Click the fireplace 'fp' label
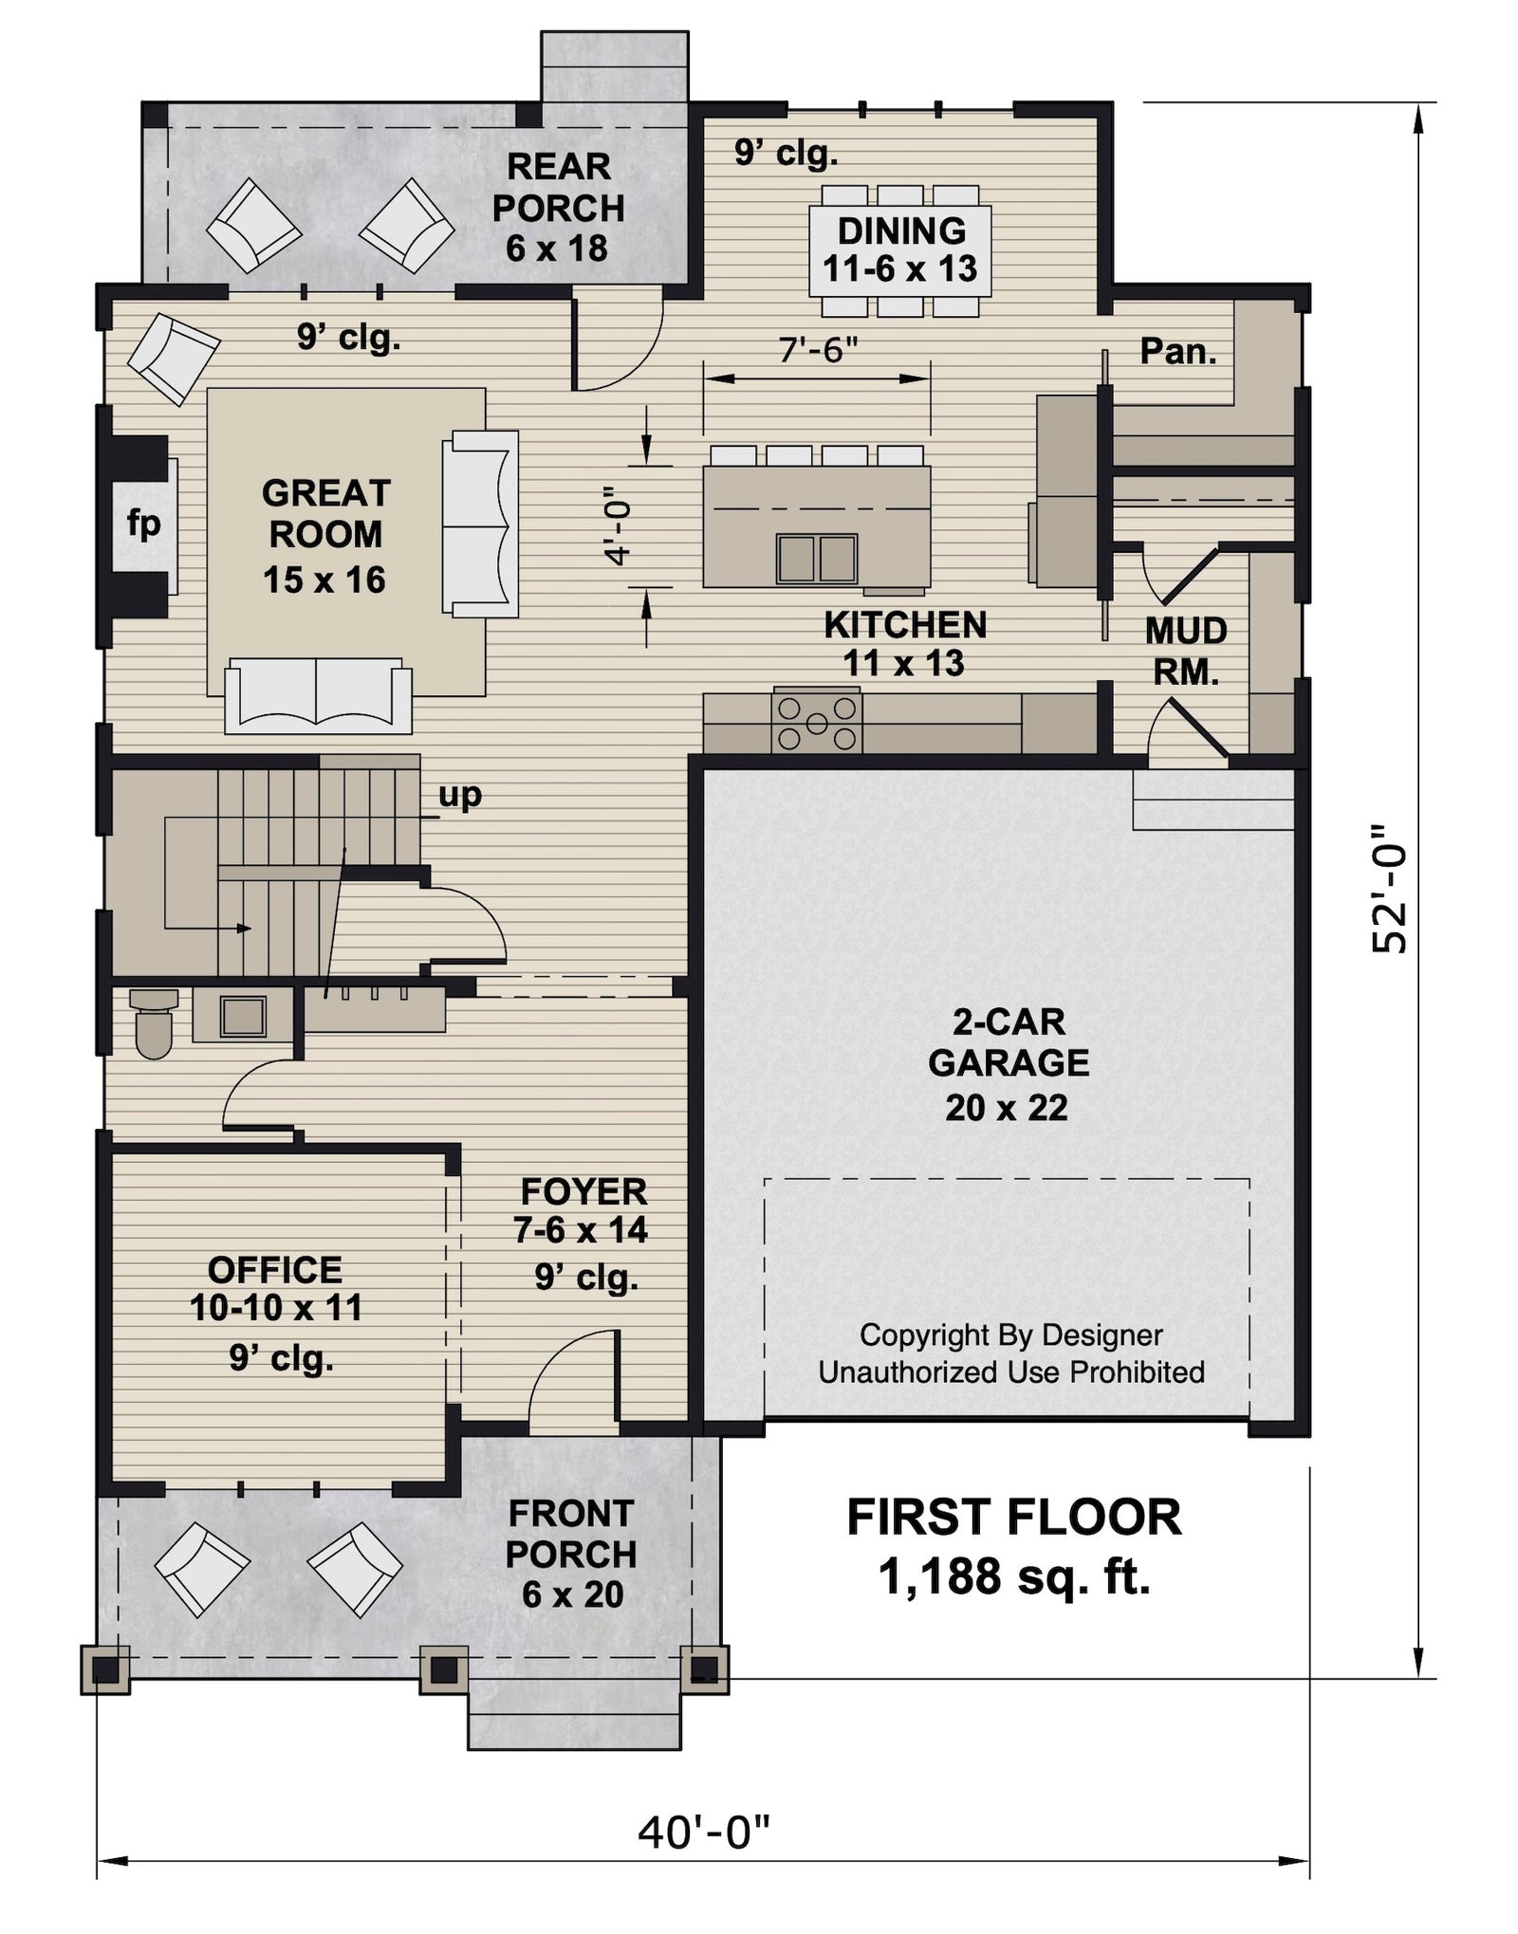click(143, 524)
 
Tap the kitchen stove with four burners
click(816, 723)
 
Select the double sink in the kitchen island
click(816, 558)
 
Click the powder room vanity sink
click(243, 1016)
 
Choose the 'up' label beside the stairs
click(460, 795)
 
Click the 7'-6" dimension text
click(817, 350)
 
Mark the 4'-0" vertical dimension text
click(619, 526)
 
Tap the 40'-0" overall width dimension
click(702, 1833)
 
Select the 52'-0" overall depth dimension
click(1391, 887)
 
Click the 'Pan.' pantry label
click(1177, 351)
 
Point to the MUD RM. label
click(1185, 651)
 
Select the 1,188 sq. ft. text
click(1013, 1577)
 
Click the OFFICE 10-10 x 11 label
click(275, 1289)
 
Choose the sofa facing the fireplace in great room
click(480, 524)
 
